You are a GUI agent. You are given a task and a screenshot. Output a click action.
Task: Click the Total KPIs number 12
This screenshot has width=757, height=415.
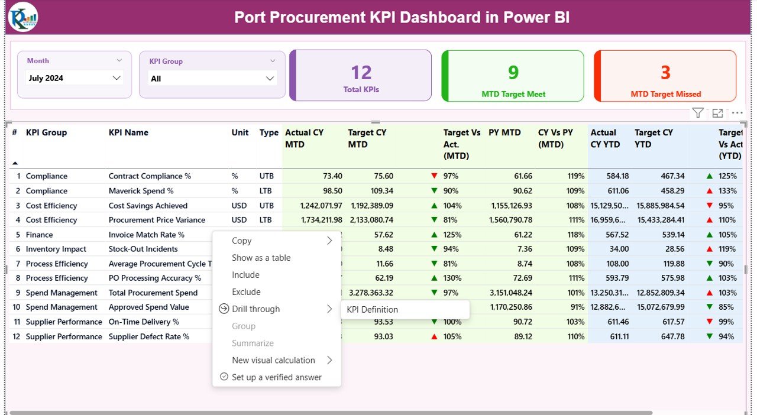[x=361, y=73]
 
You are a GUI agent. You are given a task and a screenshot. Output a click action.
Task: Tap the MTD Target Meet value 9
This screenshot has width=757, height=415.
[x=513, y=72]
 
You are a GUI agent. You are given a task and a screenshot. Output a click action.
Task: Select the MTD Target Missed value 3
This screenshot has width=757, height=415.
[x=665, y=72]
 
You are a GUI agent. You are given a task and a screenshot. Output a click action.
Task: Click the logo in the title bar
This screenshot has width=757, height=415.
[x=23, y=17]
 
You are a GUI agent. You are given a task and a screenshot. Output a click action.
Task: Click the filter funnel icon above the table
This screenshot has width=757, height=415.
[x=698, y=113]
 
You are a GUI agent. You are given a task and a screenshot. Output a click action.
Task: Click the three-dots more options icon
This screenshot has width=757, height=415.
[x=737, y=113]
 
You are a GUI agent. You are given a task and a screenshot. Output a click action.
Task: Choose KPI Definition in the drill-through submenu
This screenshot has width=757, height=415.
[x=372, y=309]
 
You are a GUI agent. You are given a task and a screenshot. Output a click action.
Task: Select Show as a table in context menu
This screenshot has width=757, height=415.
[x=261, y=258]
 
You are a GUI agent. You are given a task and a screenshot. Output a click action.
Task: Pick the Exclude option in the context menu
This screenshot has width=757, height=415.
[x=246, y=292]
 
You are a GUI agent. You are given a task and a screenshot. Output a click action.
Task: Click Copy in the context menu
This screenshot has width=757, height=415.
[x=242, y=241]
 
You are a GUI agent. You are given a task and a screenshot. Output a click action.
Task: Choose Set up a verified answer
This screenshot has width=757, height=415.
[x=276, y=377]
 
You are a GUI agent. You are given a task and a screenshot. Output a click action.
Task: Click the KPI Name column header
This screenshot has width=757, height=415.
[x=128, y=132]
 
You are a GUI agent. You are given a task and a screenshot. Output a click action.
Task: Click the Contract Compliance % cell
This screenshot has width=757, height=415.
[x=150, y=176]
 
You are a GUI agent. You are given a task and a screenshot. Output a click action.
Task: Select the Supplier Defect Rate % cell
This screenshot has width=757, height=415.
[x=149, y=336]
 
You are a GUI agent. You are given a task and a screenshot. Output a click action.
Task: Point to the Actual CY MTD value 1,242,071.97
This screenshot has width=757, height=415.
[x=313, y=206]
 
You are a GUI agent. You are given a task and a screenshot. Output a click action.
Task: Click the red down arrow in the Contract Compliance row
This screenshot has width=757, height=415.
[x=435, y=176]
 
